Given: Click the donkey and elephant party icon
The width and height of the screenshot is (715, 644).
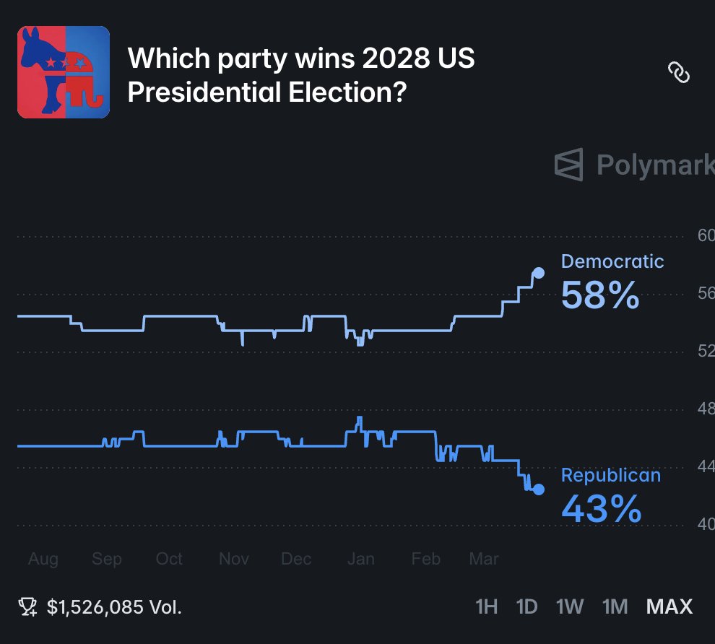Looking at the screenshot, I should coord(64,72).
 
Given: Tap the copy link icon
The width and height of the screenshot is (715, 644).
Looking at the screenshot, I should coord(678,73).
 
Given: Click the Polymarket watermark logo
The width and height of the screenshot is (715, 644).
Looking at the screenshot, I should coord(568,165).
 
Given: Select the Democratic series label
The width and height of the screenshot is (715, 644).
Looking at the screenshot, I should coord(612,261).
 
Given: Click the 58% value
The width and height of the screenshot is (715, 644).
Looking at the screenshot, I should coord(600,295).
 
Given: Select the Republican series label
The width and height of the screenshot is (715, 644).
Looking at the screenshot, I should coord(610,475).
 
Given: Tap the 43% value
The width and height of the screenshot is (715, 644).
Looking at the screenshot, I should coord(601,509).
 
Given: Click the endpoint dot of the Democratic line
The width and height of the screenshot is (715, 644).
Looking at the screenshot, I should coord(538,273).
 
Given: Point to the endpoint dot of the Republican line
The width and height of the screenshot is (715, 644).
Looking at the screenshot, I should coord(538,489).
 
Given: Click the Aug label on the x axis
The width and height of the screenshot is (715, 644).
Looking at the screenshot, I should coord(43,559).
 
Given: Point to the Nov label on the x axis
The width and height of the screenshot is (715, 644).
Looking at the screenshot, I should coord(234,559).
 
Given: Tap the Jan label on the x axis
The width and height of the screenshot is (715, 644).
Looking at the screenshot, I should coord(360,559).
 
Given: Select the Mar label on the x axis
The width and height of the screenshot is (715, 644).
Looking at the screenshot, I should coord(484,559).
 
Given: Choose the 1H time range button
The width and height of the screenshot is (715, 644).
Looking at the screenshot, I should coord(487,606).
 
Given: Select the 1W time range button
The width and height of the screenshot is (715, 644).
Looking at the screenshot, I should coord(570,606).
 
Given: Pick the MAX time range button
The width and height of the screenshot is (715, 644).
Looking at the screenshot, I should coord(669,606).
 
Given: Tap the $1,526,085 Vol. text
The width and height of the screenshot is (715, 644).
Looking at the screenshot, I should coord(114,607).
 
